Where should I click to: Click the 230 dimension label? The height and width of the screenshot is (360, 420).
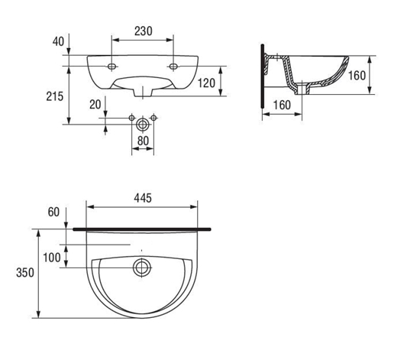144,31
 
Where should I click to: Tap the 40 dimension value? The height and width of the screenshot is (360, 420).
58,41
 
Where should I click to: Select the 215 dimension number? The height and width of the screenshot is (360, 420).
55,96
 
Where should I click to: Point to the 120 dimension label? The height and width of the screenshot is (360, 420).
206,83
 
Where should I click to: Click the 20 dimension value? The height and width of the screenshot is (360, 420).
95,105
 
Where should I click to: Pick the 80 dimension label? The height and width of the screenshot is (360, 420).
143,141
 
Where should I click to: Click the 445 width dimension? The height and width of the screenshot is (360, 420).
143,198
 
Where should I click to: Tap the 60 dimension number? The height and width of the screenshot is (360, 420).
53,212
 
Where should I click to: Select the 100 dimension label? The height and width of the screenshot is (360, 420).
52,258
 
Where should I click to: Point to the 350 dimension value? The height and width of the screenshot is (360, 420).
25,273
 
